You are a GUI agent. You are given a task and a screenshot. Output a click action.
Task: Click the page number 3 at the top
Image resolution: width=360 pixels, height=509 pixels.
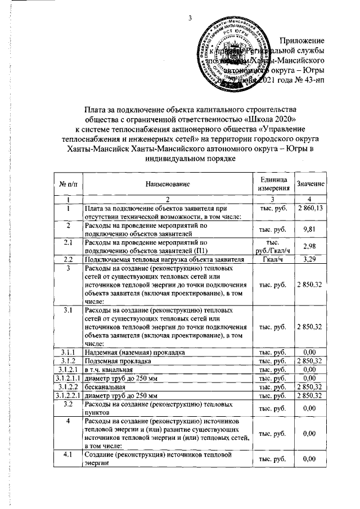pyautogui.click(x=190, y=16)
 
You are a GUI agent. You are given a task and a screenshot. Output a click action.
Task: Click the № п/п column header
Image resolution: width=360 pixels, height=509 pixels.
pyautogui.click(x=67, y=184)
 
